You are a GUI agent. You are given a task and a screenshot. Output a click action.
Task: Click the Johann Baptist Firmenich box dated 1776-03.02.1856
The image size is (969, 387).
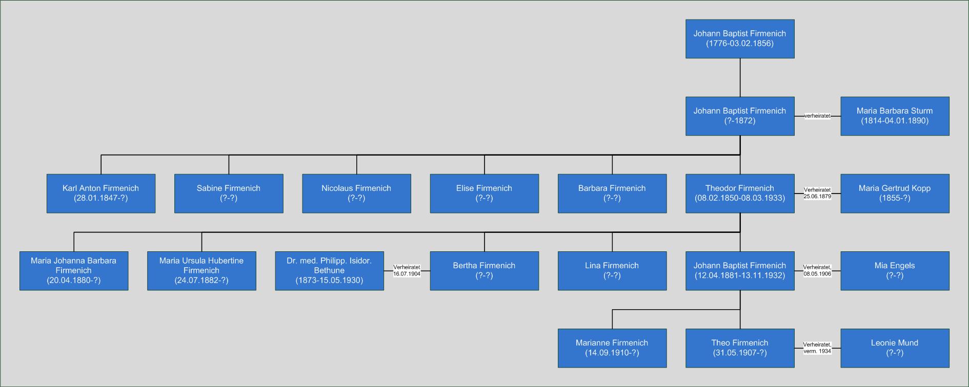740,39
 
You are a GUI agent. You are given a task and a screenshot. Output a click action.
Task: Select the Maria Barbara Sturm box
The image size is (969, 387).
895,116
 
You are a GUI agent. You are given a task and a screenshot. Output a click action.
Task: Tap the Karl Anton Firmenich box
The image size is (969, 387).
101,193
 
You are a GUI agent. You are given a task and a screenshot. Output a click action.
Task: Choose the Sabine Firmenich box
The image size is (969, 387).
229,193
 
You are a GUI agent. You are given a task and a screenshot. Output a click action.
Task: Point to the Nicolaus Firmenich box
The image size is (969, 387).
356,193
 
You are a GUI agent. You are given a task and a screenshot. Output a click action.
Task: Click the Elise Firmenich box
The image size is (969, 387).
484,193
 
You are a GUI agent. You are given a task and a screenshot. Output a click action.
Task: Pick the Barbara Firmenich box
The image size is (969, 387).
612,193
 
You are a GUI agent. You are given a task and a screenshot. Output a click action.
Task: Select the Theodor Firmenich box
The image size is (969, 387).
740,193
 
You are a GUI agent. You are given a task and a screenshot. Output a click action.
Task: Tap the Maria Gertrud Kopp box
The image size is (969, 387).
895,193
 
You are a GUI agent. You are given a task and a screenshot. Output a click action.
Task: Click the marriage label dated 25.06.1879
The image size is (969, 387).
817,193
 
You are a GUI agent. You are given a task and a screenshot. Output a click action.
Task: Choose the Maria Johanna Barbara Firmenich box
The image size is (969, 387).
74,271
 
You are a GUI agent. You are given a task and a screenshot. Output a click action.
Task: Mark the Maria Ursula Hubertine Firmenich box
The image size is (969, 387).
201,271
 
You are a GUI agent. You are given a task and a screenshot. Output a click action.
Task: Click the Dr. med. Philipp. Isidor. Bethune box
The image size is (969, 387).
329,271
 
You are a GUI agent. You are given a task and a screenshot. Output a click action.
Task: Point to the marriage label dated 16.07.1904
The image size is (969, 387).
407,271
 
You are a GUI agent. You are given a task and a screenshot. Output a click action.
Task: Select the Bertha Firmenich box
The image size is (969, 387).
484,271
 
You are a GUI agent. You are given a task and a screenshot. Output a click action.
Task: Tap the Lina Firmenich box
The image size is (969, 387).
612,271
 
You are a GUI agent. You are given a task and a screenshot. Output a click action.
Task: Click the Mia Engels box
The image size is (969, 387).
895,271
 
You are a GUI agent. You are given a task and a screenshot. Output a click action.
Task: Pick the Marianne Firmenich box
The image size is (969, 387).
612,348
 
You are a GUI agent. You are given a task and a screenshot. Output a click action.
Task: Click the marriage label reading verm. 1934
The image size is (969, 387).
817,348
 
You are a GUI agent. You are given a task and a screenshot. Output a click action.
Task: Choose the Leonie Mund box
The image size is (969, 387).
895,348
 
